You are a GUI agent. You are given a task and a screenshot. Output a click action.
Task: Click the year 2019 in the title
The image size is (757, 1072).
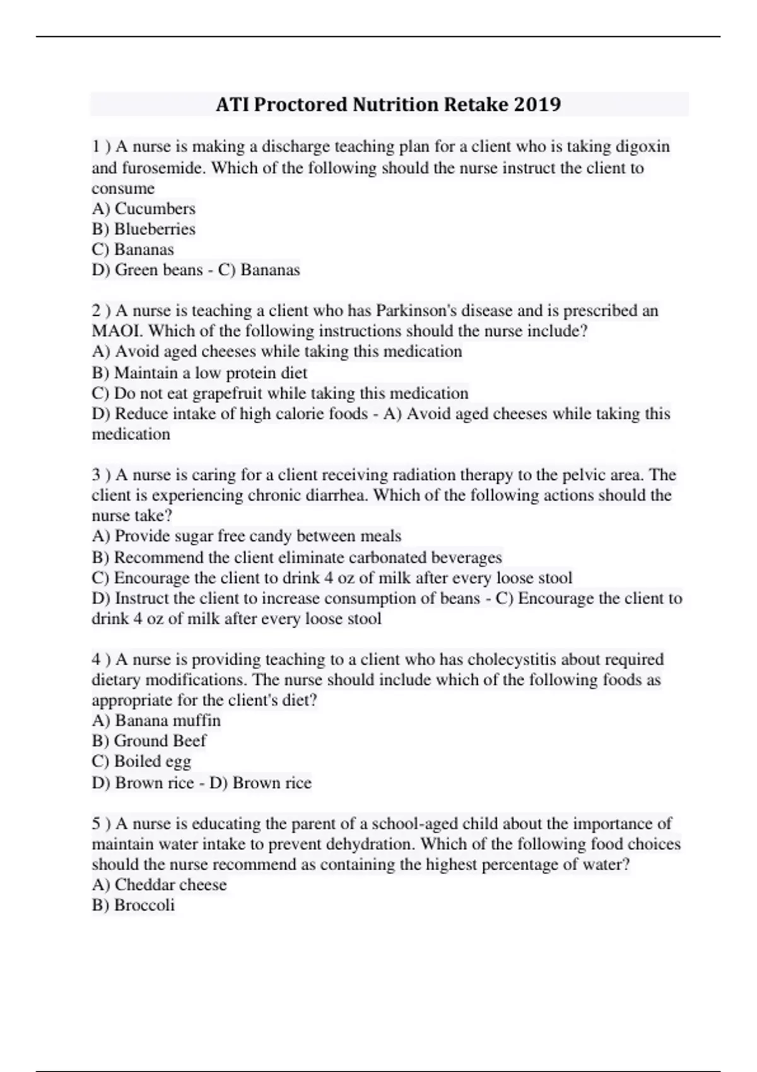[x=537, y=104]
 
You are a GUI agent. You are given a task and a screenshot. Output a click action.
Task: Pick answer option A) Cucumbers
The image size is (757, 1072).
[x=144, y=209]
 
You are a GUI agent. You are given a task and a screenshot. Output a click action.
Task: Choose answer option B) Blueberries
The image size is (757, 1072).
[x=144, y=229]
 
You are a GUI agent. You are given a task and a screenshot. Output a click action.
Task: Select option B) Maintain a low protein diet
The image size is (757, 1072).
[x=199, y=373]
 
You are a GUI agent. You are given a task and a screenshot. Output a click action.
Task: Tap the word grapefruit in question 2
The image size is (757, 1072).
[x=227, y=393]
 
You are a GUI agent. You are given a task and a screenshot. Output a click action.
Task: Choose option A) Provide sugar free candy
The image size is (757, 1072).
[x=247, y=536]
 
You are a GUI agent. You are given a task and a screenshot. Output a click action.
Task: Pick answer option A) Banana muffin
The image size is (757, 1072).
[x=156, y=721]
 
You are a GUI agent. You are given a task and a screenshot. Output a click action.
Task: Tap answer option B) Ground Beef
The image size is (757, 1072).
[x=149, y=741]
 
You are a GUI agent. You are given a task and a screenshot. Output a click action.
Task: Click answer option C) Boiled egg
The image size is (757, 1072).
[x=141, y=762]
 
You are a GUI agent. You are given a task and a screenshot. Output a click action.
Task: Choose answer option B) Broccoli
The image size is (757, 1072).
[x=133, y=906]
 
